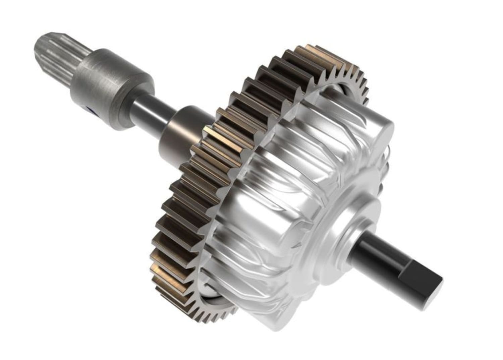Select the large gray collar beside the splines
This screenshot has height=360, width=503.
click(111, 84)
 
